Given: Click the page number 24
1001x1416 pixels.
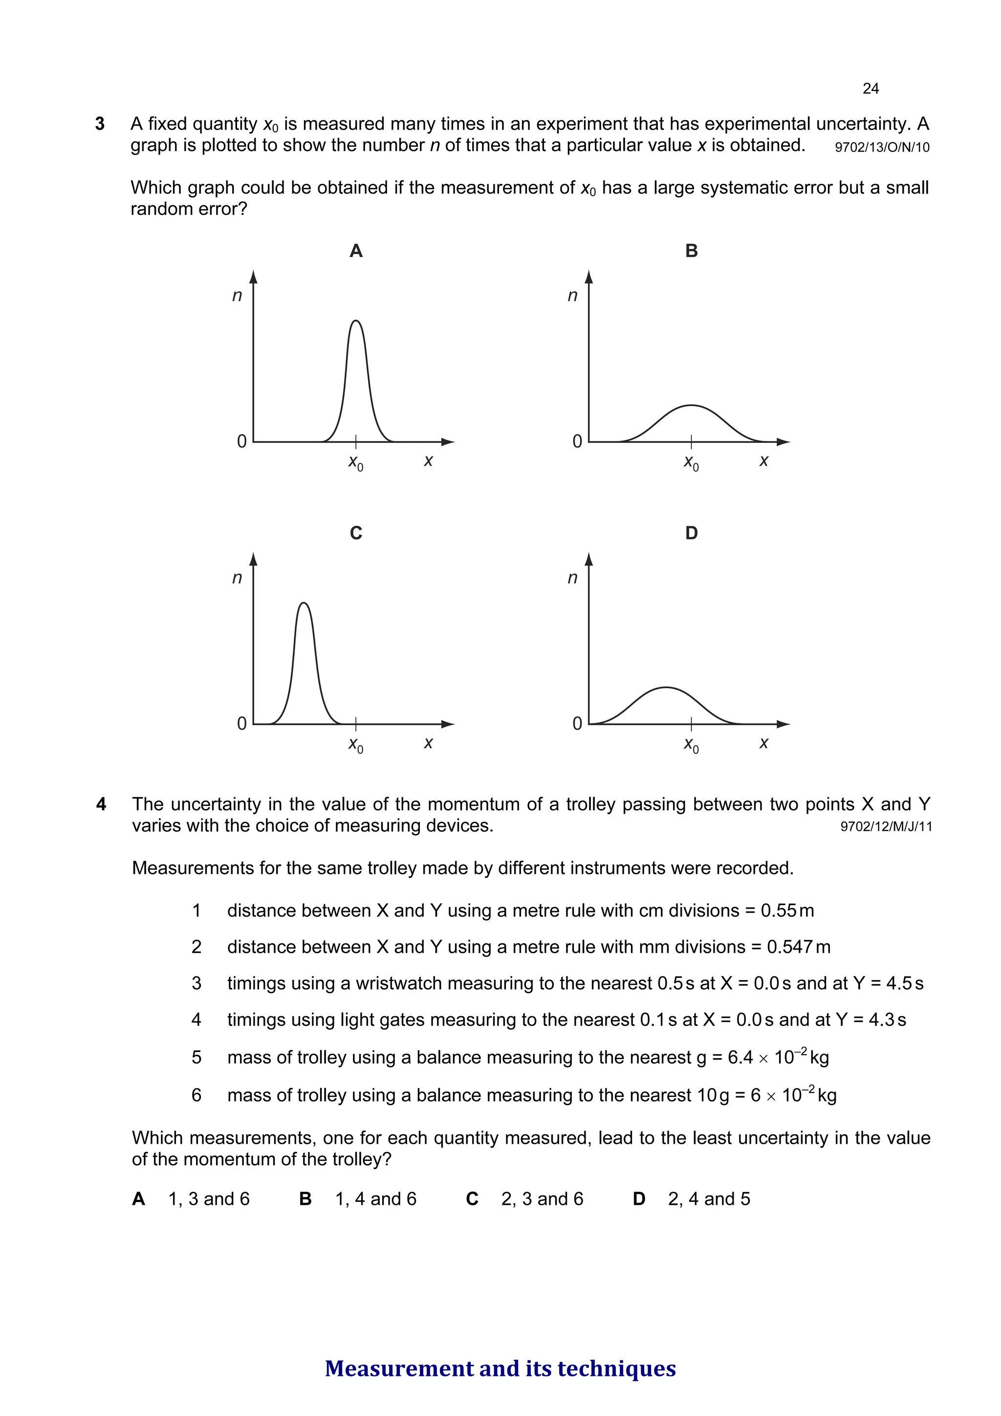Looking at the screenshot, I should pyautogui.click(x=870, y=89).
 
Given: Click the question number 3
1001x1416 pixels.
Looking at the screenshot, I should pyautogui.click(x=100, y=124).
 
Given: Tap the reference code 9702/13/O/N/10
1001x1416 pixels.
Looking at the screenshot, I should pyautogui.click(x=881, y=148).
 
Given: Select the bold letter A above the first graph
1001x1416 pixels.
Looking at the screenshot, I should pyautogui.click(x=356, y=251).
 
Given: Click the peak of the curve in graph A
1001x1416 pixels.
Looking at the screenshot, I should pyautogui.click(x=356, y=321).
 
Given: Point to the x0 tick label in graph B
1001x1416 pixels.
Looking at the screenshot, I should pyautogui.click(x=692, y=462).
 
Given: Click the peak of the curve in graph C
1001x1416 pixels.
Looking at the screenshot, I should pyautogui.click(x=304, y=603).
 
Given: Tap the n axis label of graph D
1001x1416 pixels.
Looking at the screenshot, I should pyautogui.click(x=572, y=578).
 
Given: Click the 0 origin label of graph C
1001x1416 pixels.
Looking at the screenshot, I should pyautogui.click(x=242, y=723).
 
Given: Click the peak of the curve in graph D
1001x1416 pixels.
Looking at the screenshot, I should pyautogui.click(x=666, y=687).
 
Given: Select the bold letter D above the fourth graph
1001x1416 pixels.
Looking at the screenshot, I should pyautogui.click(x=692, y=533).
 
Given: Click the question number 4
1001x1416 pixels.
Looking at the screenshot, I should pyautogui.click(x=101, y=804).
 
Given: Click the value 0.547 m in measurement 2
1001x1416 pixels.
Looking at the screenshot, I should pyautogui.click(x=799, y=947).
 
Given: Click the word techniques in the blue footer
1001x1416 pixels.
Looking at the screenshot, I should pyautogui.click(x=616, y=1368).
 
